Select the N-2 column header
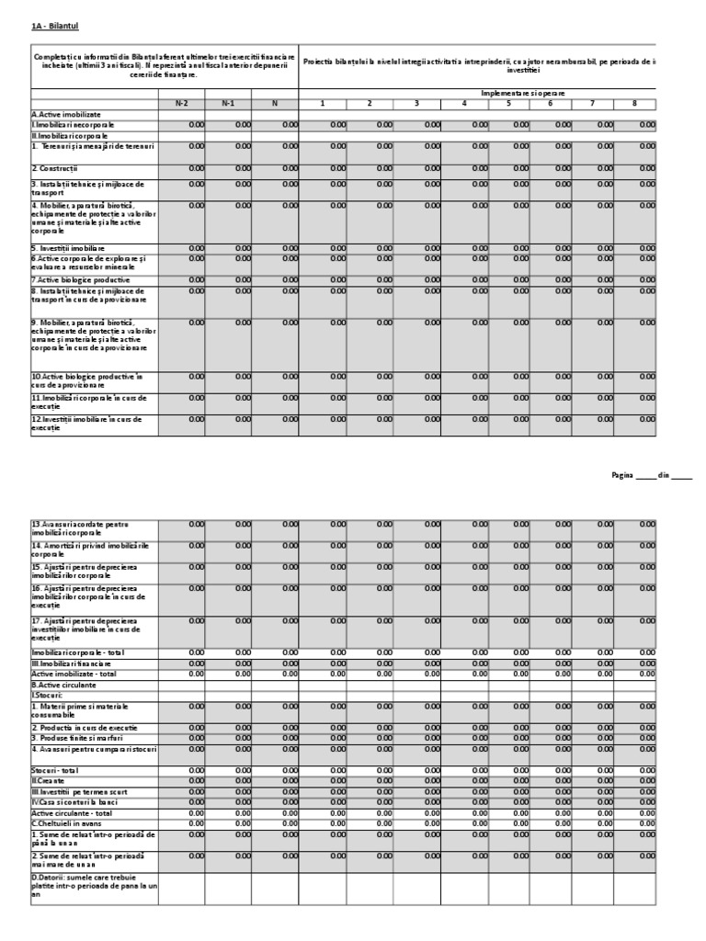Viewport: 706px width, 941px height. click(x=182, y=102)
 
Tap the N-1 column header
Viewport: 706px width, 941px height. click(x=228, y=102)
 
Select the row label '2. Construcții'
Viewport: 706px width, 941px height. click(x=55, y=168)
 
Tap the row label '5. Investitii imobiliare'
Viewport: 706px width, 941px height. click(x=68, y=248)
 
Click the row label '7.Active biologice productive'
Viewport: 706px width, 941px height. click(x=80, y=279)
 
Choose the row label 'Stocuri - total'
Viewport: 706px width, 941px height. click(x=59, y=769)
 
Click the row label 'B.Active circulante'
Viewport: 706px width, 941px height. click(x=64, y=685)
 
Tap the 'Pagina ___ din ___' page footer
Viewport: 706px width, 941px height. click(x=651, y=475)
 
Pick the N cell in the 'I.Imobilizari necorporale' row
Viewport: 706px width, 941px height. click(x=275, y=123)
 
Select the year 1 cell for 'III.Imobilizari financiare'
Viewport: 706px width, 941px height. click(x=323, y=663)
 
